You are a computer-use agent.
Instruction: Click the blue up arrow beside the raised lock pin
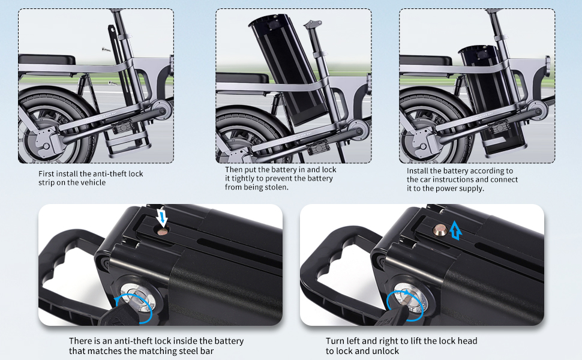click(457, 229)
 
